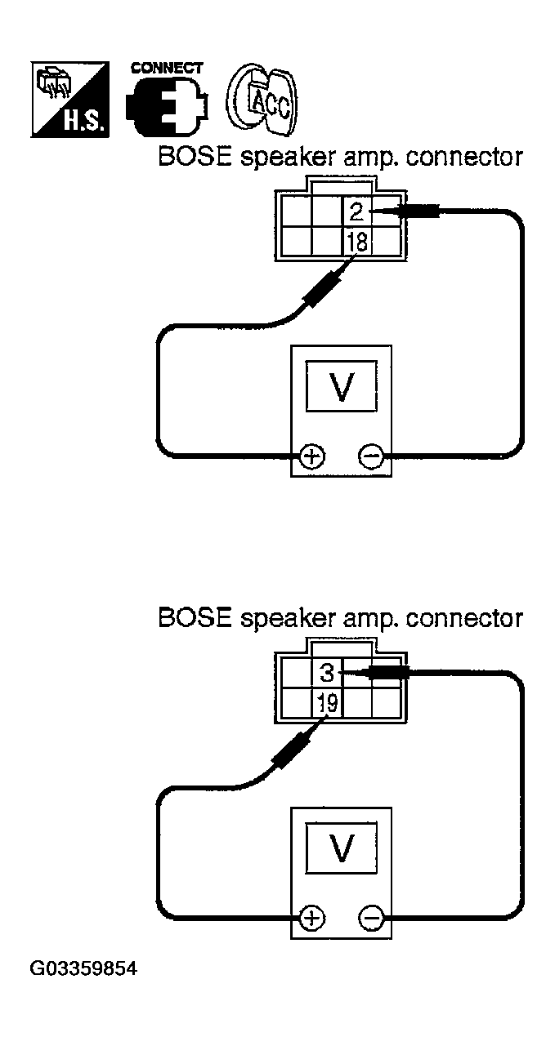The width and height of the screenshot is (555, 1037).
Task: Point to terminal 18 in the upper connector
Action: [356, 243]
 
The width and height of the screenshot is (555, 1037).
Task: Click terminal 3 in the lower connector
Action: [327, 674]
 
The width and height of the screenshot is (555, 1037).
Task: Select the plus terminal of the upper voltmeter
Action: [311, 456]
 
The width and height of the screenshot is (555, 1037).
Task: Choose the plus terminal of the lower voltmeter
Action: [311, 918]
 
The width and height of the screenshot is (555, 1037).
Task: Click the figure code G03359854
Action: [83, 969]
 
